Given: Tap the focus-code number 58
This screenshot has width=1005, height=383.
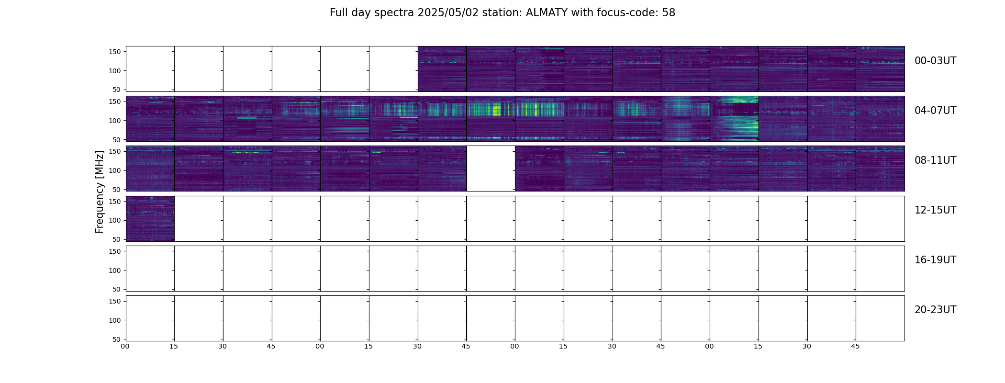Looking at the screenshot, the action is click(x=669, y=13).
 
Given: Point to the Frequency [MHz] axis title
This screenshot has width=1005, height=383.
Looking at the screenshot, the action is click(x=100, y=192).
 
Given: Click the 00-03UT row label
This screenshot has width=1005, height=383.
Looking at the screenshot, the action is click(x=935, y=61).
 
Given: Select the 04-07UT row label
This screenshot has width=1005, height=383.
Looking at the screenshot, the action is click(x=935, y=111).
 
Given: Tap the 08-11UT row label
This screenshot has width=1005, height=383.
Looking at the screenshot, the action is click(x=935, y=160).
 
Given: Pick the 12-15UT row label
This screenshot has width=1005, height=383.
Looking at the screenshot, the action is click(x=935, y=210).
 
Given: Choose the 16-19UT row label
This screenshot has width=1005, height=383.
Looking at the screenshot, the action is click(x=935, y=260).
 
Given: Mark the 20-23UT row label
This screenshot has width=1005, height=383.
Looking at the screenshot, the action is click(x=935, y=310).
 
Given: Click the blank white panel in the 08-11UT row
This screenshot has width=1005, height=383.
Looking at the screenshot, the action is click(x=491, y=169).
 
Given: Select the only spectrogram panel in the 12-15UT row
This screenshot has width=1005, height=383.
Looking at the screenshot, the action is click(x=150, y=218).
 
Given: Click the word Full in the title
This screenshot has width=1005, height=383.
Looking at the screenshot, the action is click(x=338, y=13).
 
